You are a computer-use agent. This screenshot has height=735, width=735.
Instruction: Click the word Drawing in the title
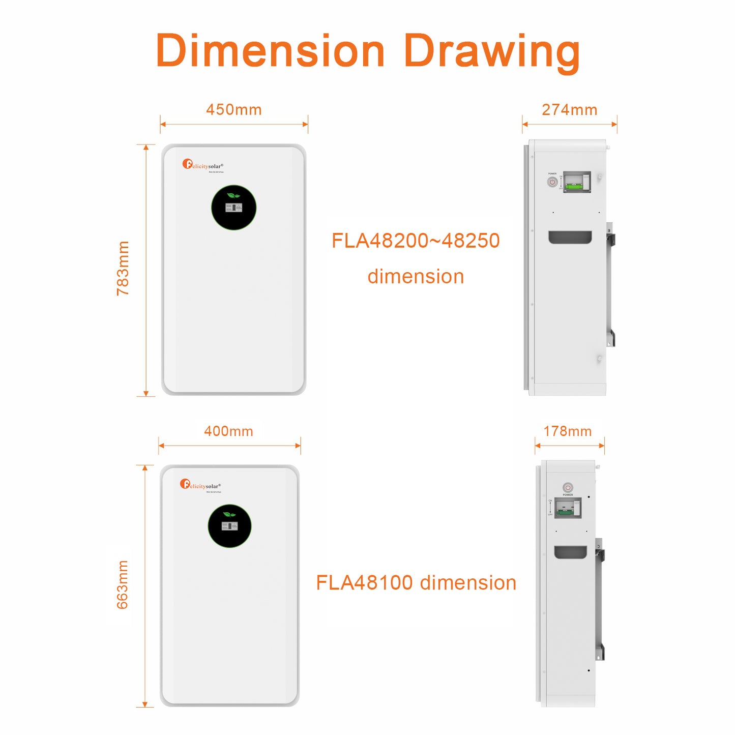point(491,51)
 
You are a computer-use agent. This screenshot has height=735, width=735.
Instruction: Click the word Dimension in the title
point(270,51)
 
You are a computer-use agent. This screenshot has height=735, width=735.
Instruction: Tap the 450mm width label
point(234,110)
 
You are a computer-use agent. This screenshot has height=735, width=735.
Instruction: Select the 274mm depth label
point(569,110)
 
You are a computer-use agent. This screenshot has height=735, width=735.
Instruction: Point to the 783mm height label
point(123,268)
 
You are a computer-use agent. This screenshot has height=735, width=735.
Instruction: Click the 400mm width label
point(229,431)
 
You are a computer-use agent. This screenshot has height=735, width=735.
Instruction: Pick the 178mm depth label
point(568,431)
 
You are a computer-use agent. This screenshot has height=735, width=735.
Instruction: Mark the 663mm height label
point(123,584)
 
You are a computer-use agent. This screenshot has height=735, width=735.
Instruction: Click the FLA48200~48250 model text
point(416,241)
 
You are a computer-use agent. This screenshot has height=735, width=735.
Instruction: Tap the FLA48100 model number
point(364,583)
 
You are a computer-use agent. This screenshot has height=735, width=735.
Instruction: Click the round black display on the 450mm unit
point(233,208)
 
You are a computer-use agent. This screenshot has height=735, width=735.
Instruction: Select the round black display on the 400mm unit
point(230,526)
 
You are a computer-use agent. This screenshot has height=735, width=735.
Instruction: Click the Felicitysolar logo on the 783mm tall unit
point(203,165)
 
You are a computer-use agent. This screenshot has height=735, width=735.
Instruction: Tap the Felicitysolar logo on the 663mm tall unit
point(200,485)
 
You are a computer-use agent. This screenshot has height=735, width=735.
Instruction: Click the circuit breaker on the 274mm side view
point(577,182)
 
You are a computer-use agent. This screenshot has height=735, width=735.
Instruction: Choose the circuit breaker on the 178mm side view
point(568,508)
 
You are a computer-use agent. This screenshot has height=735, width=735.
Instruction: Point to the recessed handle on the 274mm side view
point(570,237)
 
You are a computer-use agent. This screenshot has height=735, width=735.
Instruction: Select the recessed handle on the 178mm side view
point(570,552)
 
